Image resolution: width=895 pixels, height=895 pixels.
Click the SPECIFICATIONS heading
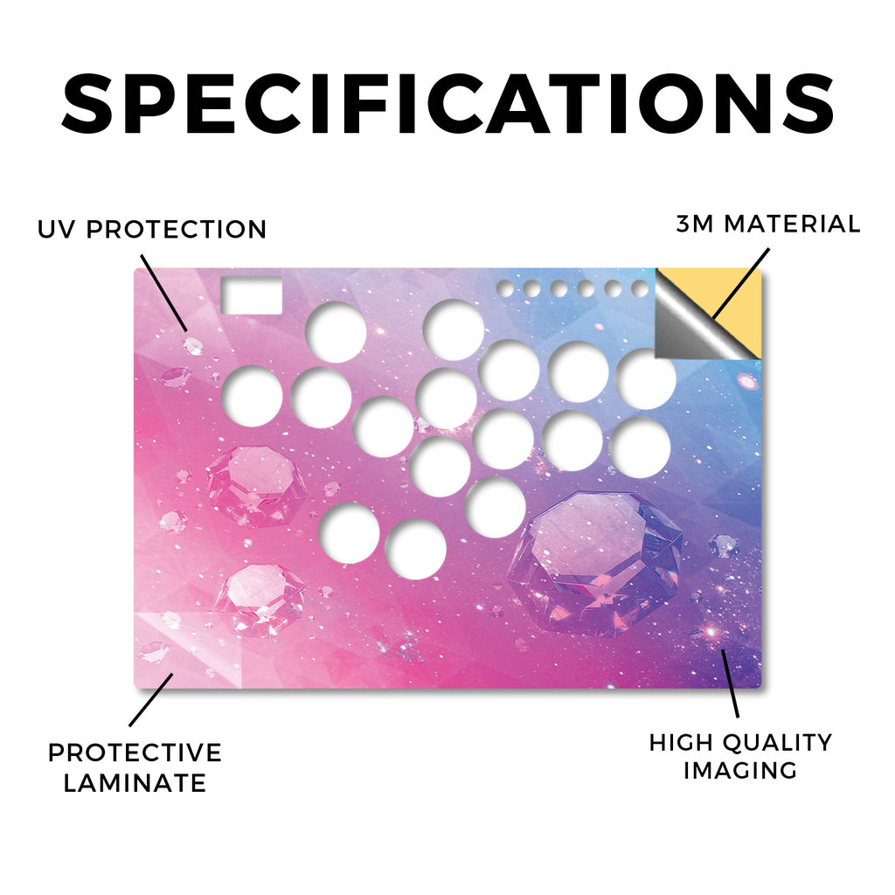(x=447, y=104)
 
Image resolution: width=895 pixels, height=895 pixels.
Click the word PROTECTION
(x=177, y=230)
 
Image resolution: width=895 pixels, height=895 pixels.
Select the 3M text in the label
(x=695, y=224)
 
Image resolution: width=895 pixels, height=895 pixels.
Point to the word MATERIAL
(x=792, y=224)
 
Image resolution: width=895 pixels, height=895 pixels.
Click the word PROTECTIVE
(x=135, y=753)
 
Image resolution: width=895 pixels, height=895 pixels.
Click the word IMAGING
(x=740, y=771)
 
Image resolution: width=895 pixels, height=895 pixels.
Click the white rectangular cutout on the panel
(x=251, y=295)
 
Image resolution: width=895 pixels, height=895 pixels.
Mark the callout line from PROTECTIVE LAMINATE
(x=151, y=700)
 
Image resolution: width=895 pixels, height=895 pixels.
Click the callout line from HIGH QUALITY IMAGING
(x=731, y=683)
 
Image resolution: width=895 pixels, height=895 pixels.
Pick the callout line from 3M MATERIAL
(x=741, y=284)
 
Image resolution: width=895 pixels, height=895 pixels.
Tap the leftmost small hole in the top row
(x=505, y=288)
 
